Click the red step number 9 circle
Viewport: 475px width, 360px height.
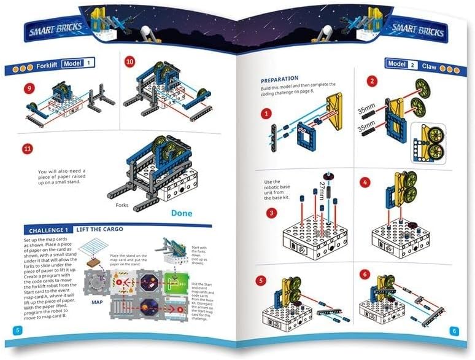point(28,89)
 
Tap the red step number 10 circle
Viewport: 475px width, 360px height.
point(129,62)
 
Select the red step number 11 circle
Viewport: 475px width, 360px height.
point(27,149)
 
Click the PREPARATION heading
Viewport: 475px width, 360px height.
point(279,79)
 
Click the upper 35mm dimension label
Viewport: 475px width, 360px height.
point(366,110)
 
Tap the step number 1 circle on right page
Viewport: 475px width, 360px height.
point(265,114)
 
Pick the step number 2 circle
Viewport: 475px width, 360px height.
point(371,81)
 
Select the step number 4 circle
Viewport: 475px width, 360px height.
point(366,182)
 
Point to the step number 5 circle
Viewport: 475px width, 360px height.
point(261,281)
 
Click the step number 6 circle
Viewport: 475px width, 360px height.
point(366,274)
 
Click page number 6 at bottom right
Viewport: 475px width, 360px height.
point(454,331)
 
